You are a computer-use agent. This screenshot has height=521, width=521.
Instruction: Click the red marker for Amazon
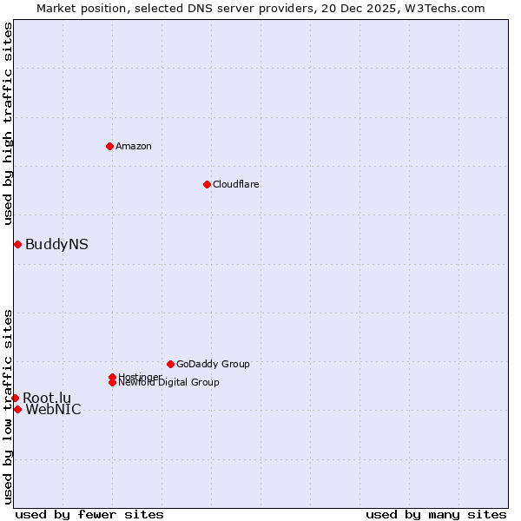(x=109, y=146)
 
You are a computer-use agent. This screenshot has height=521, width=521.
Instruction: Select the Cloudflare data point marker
(x=207, y=184)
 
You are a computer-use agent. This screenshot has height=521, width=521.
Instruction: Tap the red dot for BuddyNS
(x=17, y=244)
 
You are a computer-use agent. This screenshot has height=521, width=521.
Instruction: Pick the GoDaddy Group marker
(x=170, y=364)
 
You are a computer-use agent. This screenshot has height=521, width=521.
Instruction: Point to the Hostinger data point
(x=112, y=377)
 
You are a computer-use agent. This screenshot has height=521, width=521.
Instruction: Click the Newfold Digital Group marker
(x=112, y=382)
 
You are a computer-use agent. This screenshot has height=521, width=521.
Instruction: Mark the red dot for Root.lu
(x=15, y=398)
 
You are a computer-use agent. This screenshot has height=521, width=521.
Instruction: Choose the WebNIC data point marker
(x=17, y=409)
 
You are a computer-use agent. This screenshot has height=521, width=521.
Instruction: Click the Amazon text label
(x=133, y=146)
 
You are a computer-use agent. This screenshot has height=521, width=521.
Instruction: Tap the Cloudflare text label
(x=235, y=184)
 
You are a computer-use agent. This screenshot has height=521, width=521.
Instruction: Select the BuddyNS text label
(x=56, y=244)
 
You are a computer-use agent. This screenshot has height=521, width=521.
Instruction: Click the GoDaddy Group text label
(x=213, y=364)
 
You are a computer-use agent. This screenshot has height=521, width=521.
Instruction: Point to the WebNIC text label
(x=53, y=410)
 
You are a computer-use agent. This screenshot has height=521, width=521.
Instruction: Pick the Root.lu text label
(x=47, y=398)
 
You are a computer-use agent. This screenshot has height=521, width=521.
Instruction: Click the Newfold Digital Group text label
(x=168, y=383)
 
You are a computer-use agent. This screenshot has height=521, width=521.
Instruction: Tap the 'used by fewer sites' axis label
(x=89, y=514)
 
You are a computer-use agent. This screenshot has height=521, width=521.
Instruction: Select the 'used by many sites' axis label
(x=436, y=514)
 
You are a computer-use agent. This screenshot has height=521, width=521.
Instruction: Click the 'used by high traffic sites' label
(x=8, y=123)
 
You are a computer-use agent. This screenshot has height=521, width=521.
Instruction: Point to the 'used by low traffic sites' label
(x=8, y=406)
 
